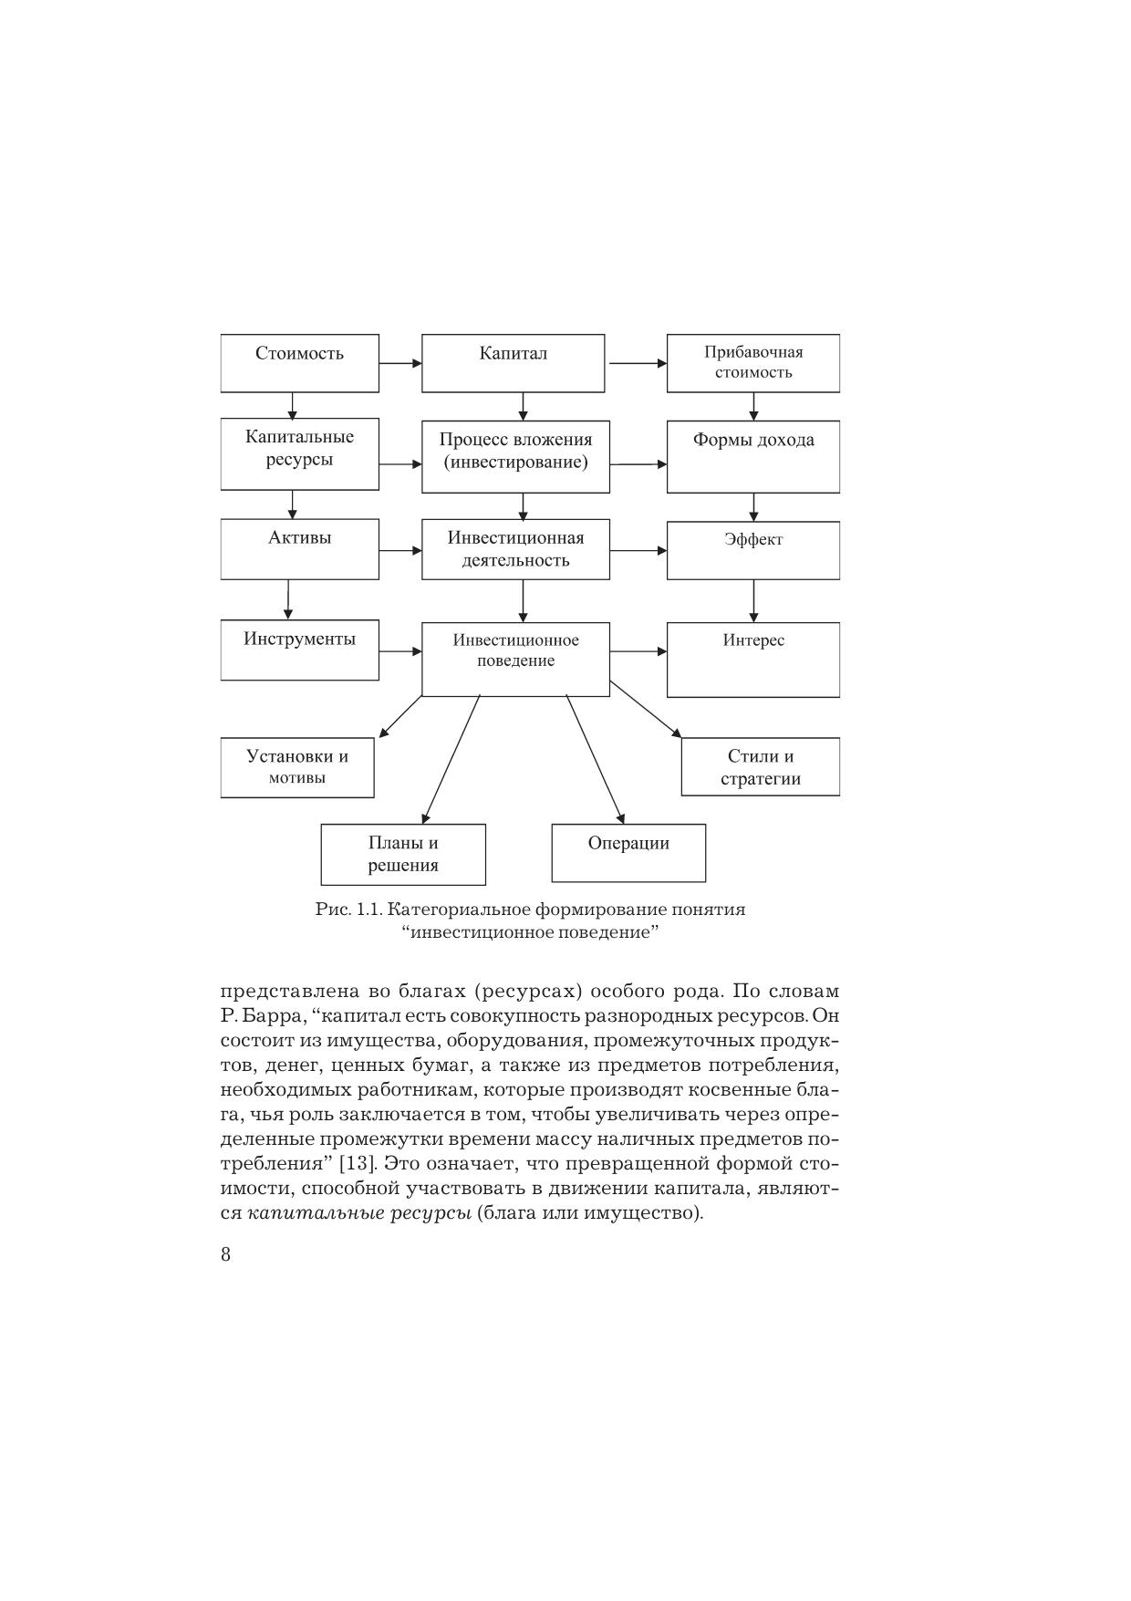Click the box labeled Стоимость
tap(299, 363)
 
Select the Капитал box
tap(513, 363)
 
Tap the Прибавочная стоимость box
tap(752, 363)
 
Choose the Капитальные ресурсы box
tap(299, 453)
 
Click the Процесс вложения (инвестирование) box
tap(515, 456)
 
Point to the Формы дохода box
tap(752, 456)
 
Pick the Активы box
tap(299, 549)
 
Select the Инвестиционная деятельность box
tap(515, 549)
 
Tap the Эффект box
tap(752, 550)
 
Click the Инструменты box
tap(299, 650)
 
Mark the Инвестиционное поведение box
tap(515, 660)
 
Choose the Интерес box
tap(752, 659)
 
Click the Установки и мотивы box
tap(297, 767)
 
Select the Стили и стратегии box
tap(760, 767)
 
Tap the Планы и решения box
tap(403, 854)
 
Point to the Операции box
tap(628, 853)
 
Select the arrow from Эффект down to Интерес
tap(753, 600)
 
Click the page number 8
tap(226, 1254)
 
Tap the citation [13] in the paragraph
tap(353, 1164)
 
